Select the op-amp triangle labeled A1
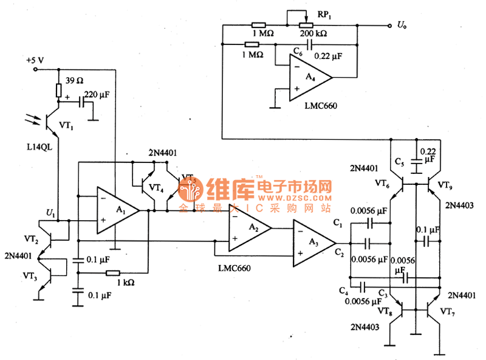[118, 210]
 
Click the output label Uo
[402, 25]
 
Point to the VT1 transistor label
[66, 126]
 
